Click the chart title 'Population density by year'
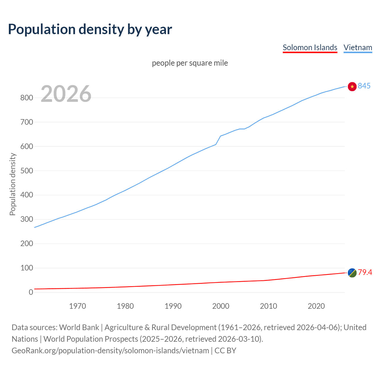coord(90,29)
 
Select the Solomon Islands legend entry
coord(310,47)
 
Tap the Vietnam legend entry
coord(358,47)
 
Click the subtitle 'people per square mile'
coord(190,63)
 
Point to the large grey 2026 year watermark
coord(66,94)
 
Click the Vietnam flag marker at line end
coord(352,86)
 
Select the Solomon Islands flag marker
coord(352,273)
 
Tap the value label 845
coord(364,86)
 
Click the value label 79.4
coord(365,272)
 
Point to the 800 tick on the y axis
coord(26,98)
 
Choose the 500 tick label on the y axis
coord(26,171)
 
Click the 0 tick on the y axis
coord(31,292)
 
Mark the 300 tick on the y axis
coord(26,219)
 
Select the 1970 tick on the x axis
coord(77,306)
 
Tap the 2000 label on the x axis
coord(221,306)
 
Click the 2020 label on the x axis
coord(316,306)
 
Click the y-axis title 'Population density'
coord(12,184)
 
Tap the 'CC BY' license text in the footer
coord(225,351)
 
